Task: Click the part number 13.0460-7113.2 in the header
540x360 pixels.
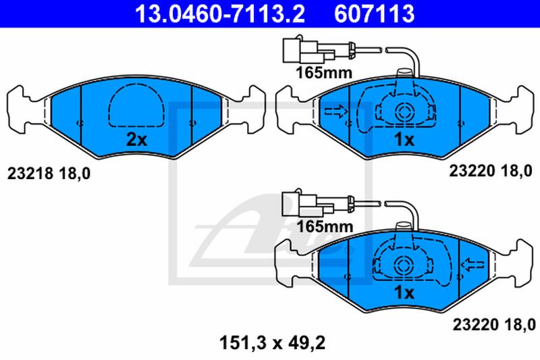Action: [220, 14]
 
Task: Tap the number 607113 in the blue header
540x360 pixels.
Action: [375, 14]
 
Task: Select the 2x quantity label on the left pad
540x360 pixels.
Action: [136, 140]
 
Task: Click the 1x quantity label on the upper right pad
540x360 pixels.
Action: [404, 140]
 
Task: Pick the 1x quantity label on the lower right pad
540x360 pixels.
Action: [404, 293]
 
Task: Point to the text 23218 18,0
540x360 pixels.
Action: [49, 174]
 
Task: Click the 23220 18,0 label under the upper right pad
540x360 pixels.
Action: [491, 171]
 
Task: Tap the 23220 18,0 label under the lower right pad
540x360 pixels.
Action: [494, 324]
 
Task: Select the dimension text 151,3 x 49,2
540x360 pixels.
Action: [272, 344]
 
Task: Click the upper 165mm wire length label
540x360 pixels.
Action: [324, 73]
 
